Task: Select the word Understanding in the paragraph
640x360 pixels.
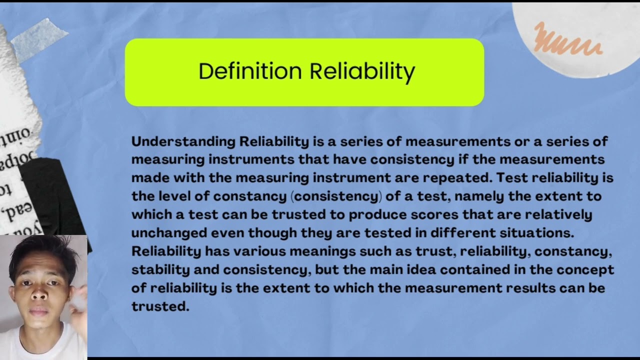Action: click(183, 141)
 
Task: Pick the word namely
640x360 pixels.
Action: click(480, 196)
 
